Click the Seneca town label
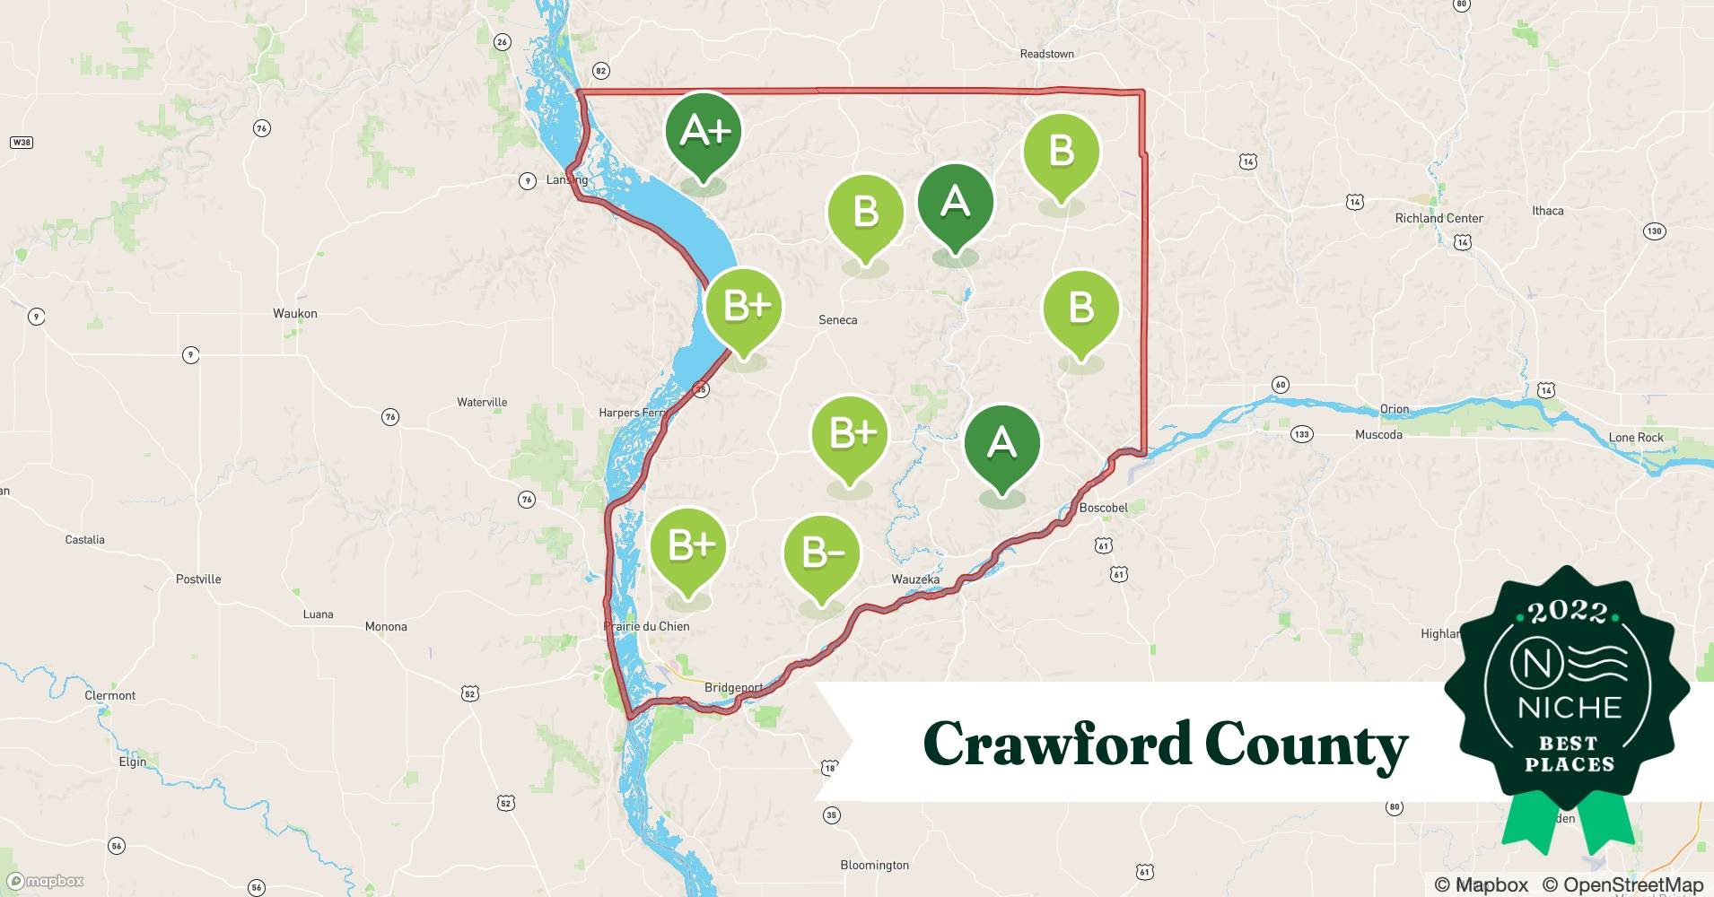(837, 320)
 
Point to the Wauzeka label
(915, 579)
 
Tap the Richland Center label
(1439, 218)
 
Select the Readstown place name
(1046, 54)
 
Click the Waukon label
(295, 314)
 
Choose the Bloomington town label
(874, 866)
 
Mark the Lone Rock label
(1636, 438)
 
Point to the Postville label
(198, 579)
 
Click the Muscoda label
(1378, 435)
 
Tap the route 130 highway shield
(1654, 231)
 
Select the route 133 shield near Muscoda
(1301, 434)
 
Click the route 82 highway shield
(601, 71)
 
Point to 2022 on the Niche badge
(1567, 614)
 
